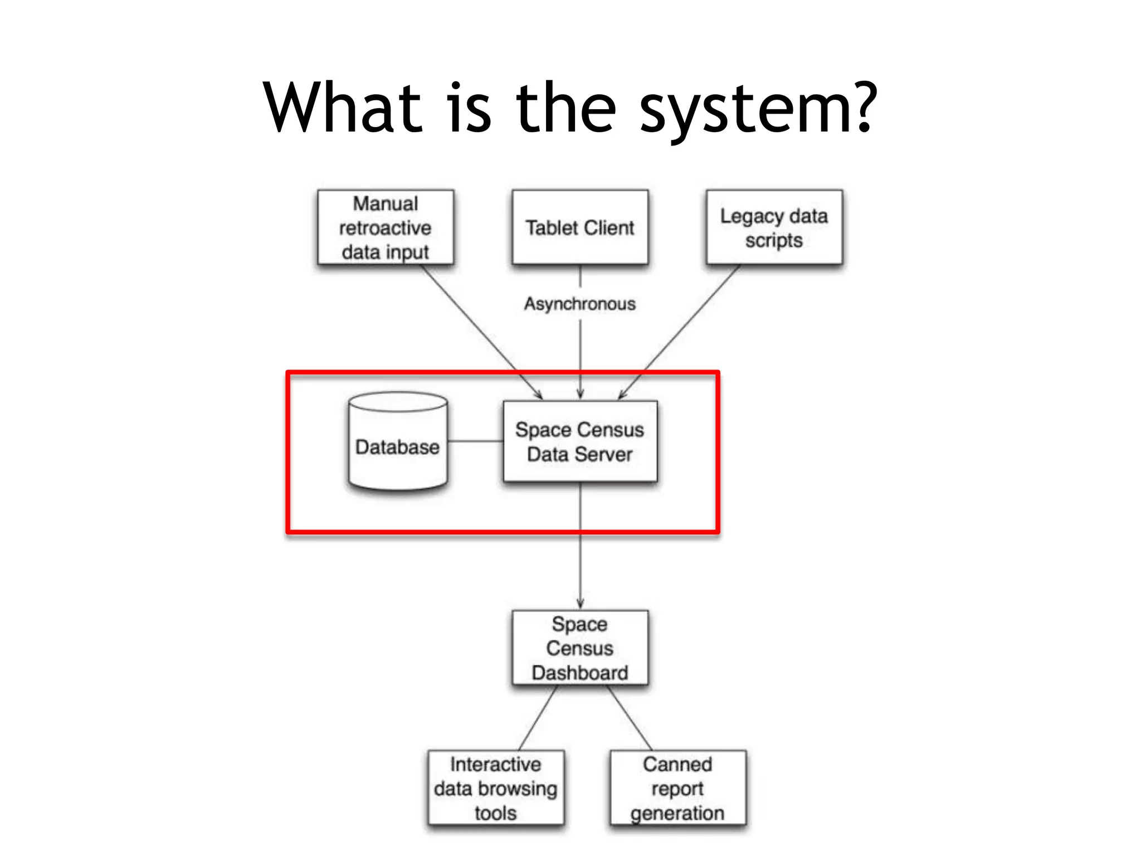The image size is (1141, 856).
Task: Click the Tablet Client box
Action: click(580, 227)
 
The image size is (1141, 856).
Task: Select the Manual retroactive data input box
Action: click(386, 227)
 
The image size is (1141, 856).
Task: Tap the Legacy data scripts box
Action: click(774, 227)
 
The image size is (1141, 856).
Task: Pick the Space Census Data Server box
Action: click(580, 441)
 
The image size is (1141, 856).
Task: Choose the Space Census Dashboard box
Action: click(580, 648)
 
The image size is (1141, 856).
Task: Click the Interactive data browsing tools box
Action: click(496, 788)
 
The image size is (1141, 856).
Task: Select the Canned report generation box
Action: click(677, 788)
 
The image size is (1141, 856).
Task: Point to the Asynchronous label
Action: click(580, 304)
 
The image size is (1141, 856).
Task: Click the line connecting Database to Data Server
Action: click(475, 441)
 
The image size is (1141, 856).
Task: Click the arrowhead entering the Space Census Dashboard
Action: click(580, 604)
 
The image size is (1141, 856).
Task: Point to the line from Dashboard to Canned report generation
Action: click(630, 718)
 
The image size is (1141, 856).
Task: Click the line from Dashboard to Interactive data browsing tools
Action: click(538, 718)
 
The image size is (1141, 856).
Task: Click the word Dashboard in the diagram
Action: click(580, 673)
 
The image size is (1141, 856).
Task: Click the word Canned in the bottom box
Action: click(677, 764)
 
